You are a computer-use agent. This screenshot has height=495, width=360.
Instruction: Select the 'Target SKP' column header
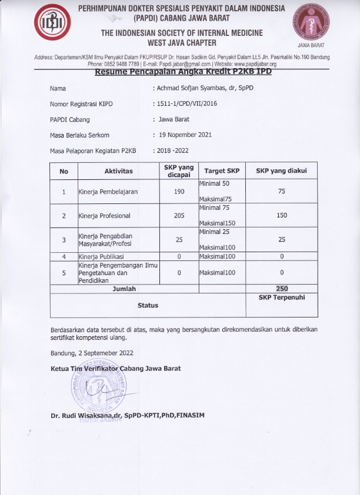pyautogui.click(x=222, y=171)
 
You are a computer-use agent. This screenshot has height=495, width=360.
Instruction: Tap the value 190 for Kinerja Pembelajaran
pyautogui.click(x=179, y=192)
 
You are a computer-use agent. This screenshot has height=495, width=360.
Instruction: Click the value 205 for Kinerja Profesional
pyautogui.click(x=179, y=216)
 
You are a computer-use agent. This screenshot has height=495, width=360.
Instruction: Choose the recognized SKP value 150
pyautogui.click(x=282, y=216)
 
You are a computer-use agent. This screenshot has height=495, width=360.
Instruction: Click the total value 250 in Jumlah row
pyautogui.click(x=282, y=289)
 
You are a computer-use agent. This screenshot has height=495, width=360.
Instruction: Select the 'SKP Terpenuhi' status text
pyautogui.click(x=282, y=298)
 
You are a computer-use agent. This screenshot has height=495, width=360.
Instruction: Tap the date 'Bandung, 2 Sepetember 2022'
pyautogui.click(x=91, y=353)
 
